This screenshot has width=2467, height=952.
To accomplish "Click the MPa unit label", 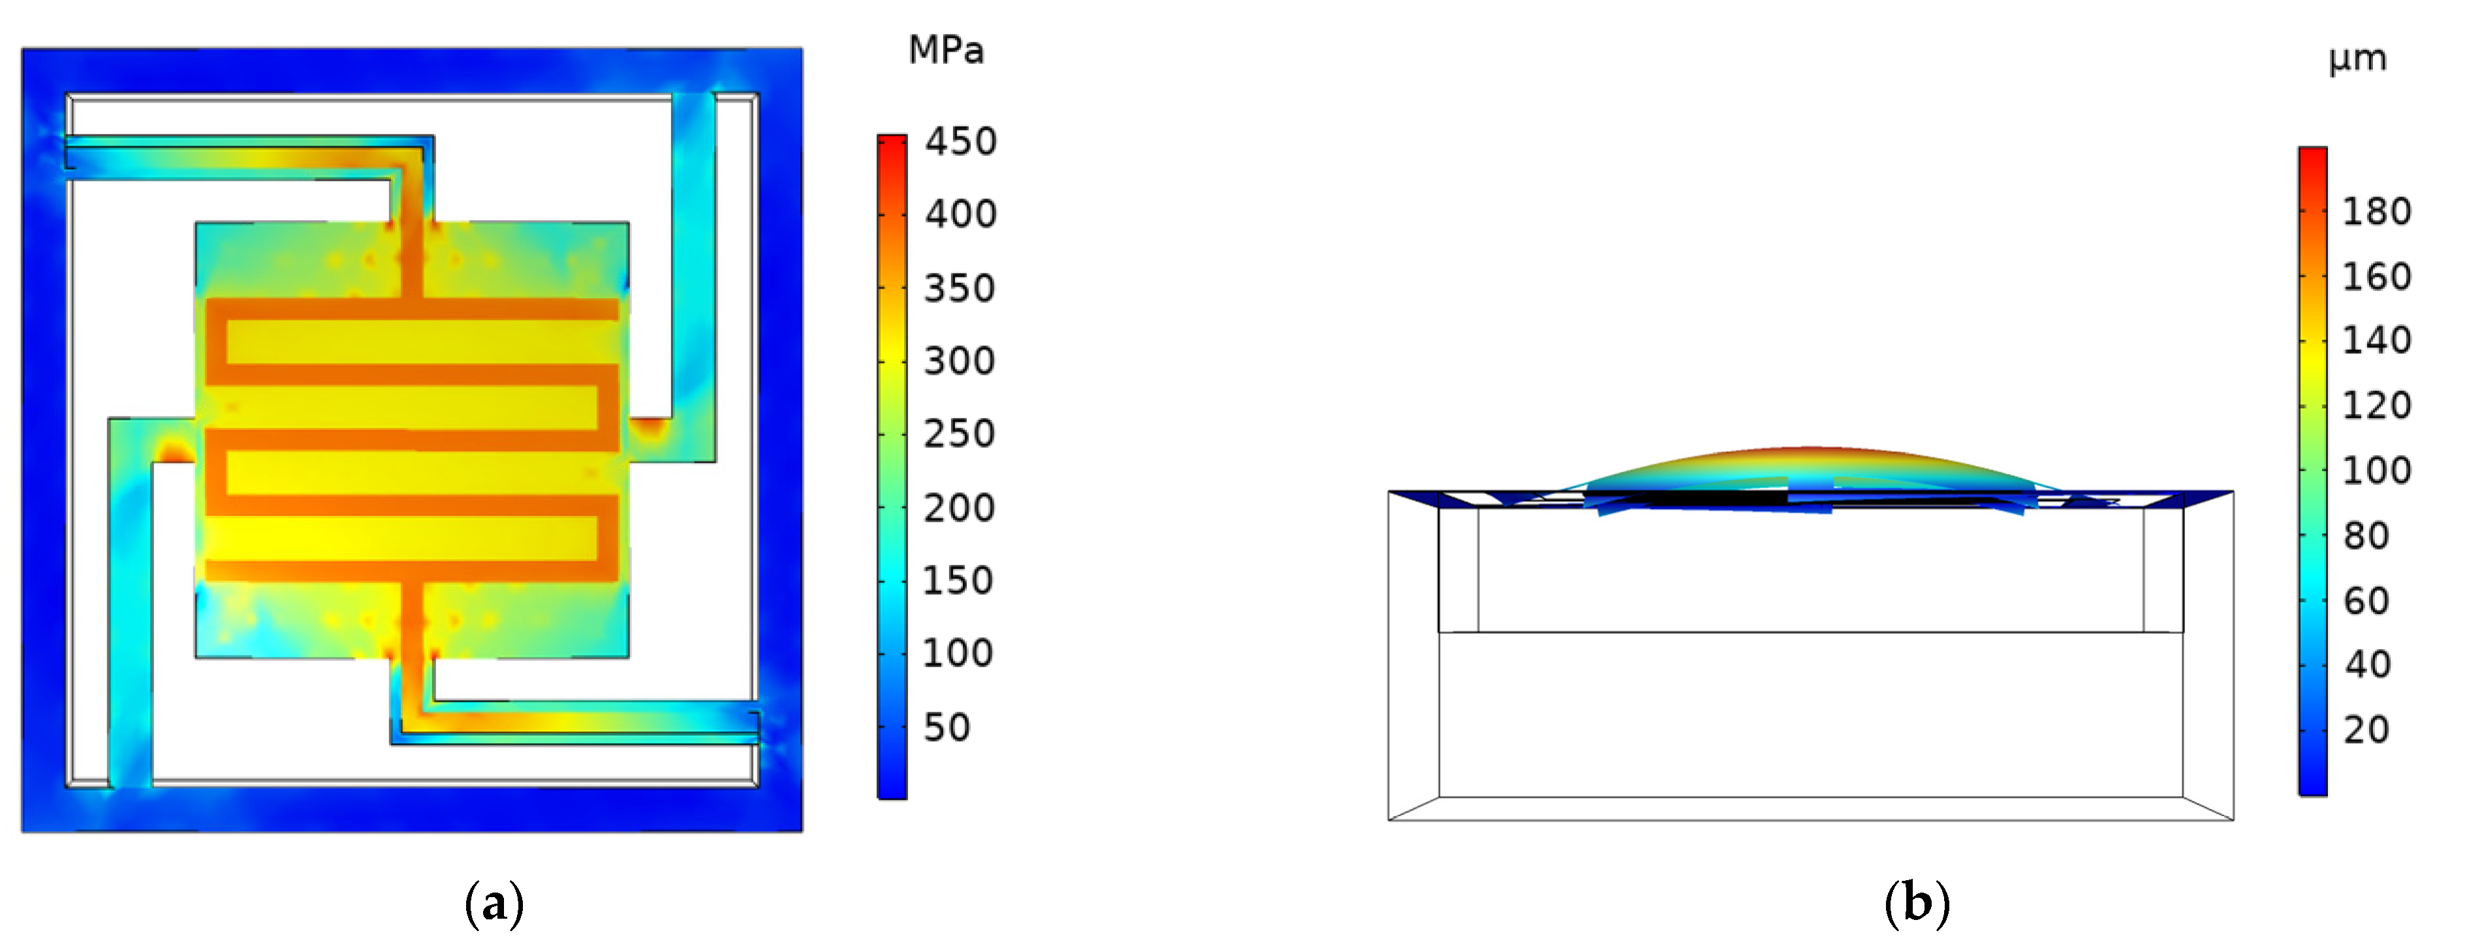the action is (945, 50).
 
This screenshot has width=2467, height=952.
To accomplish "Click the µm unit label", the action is (2358, 59).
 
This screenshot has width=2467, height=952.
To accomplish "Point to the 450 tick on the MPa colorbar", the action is (960, 142).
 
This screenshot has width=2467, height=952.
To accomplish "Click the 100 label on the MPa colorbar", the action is (958, 653).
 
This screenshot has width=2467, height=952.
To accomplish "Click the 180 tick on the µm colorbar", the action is (2377, 212).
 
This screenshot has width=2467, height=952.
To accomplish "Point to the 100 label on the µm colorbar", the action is (2377, 470).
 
